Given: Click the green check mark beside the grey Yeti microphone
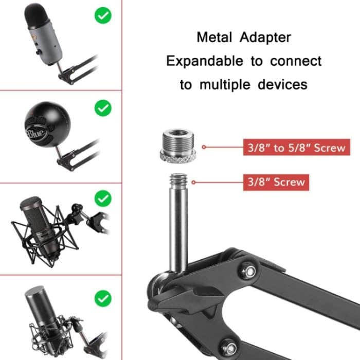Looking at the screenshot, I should point(103,15).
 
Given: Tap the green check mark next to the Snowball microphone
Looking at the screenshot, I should point(103,108).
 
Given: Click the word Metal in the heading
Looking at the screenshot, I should point(214,38).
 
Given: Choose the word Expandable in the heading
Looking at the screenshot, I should point(205,61).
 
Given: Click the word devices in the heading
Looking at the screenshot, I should point(281,84).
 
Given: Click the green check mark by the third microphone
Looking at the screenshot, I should point(103,197).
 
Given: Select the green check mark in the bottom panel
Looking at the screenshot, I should point(103,297).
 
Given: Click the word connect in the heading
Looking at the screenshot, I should point(296,61).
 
